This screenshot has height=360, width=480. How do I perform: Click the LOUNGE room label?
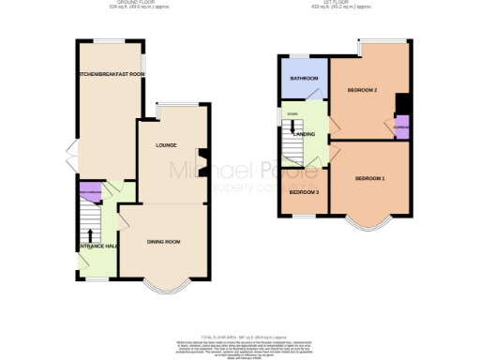(x=167, y=145)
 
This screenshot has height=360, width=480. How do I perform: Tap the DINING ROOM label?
(x=163, y=242)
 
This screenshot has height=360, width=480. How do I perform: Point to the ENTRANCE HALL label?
(x=97, y=246)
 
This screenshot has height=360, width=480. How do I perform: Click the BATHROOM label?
(x=304, y=78)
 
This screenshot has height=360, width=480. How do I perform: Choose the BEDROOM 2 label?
(x=362, y=90)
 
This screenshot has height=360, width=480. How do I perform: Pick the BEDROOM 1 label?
(x=369, y=177)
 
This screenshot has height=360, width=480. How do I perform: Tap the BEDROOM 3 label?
(x=303, y=192)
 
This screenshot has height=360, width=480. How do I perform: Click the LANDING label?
(x=304, y=135)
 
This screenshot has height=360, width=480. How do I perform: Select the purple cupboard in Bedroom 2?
(x=400, y=127)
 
